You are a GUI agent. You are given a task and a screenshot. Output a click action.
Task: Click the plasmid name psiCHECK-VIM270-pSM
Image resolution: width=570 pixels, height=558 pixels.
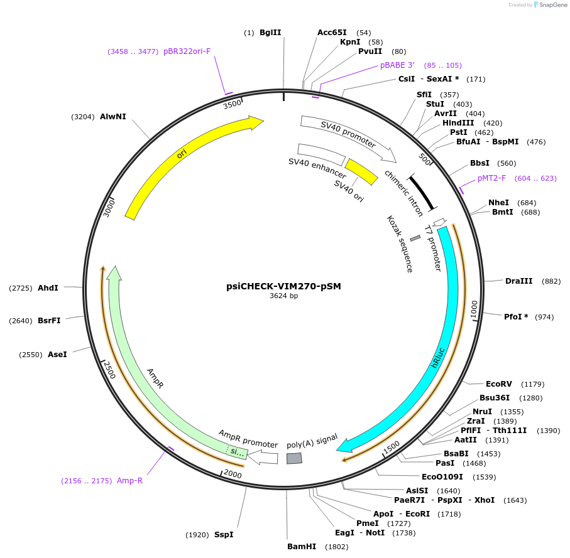(283, 286)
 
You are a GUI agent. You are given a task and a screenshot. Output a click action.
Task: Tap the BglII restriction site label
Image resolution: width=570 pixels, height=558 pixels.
(270, 32)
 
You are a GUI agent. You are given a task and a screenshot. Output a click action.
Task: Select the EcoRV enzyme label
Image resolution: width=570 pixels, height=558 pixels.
(498, 384)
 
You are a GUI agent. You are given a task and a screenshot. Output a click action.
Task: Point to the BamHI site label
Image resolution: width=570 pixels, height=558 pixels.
(301, 547)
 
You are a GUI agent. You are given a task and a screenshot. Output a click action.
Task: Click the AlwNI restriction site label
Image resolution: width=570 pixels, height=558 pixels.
(112, 116)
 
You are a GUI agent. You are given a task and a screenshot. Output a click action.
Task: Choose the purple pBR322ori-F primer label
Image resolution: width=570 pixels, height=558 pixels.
(187, 51)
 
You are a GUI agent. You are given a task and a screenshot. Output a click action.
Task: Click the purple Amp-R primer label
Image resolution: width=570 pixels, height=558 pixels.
(130, 481)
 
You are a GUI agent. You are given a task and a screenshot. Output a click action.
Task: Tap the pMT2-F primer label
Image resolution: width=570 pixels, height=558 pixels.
(491, 178)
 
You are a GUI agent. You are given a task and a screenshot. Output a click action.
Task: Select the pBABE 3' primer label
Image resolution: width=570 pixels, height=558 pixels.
(397, 65)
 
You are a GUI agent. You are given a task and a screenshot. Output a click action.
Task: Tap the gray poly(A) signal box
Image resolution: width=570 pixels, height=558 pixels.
(293, 458)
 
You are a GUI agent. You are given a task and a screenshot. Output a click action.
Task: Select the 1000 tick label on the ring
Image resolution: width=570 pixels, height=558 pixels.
(474, 308)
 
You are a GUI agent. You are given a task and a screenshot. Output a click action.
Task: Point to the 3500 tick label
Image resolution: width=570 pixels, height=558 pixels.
(232, 104)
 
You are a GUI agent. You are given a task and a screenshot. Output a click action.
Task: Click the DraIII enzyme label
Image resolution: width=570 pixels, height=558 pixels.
(518, 281)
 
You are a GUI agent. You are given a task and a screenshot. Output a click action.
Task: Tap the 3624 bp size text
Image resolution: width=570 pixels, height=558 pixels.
(283, 296)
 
